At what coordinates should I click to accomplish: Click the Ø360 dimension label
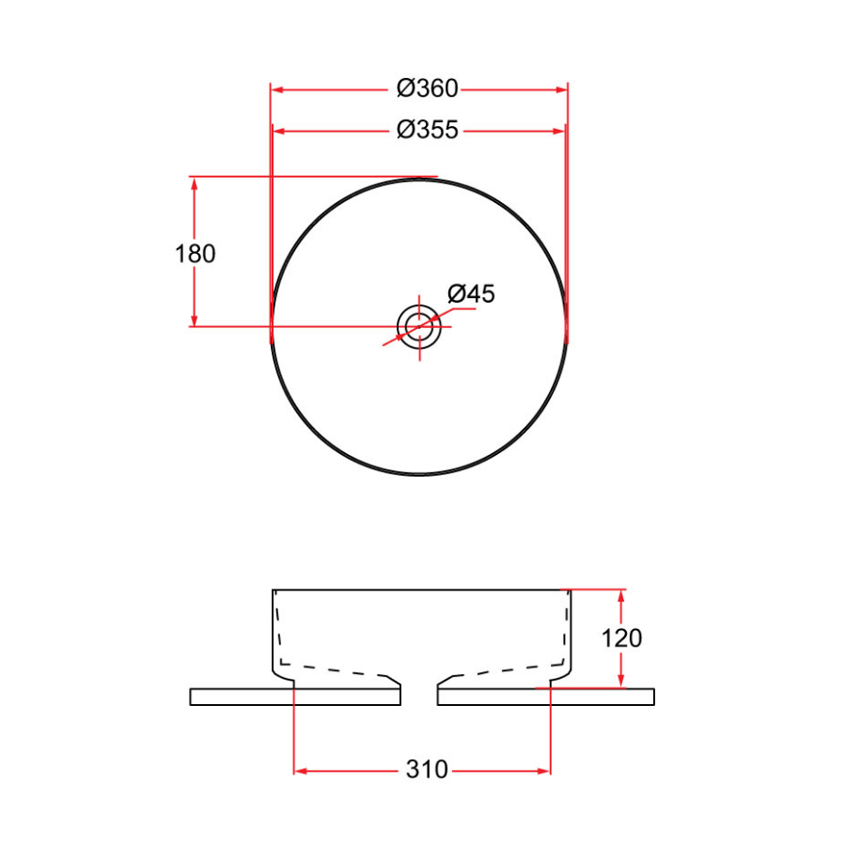point(427,89)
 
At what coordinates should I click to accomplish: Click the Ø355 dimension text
point(427,130)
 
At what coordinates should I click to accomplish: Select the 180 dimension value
point(196,254)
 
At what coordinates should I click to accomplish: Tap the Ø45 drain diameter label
point(471,294)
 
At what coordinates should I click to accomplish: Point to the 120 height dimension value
point(621,638)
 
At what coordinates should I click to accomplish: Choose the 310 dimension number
point(427,771)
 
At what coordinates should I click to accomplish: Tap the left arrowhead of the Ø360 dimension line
point(277,89)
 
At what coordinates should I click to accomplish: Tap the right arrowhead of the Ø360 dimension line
point(561,89)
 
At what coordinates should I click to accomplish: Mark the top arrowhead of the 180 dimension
point(195,183)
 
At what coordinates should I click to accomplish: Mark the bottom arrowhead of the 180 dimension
point(195,320)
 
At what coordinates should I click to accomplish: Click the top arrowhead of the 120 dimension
point(621,596)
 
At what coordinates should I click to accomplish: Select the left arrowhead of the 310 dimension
point(302,771)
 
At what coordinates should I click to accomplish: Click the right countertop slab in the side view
point(545,697)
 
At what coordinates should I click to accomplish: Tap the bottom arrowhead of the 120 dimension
point(621,681)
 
